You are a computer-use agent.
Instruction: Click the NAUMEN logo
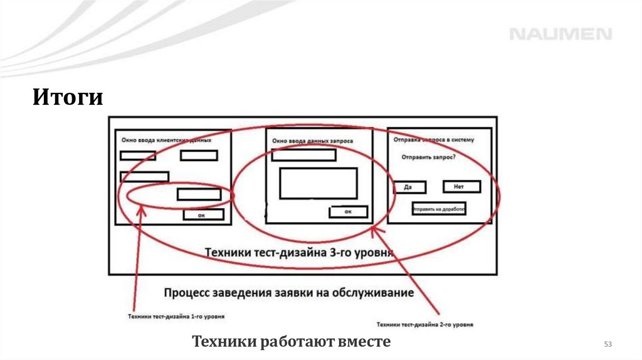coord(560,34)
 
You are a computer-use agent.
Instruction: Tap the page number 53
coord(607,344)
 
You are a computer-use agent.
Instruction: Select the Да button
coord(410,187)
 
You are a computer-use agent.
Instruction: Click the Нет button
coord(461,186)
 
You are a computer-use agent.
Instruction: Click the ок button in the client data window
coord(203,215)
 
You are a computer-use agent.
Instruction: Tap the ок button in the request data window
coord(348,212)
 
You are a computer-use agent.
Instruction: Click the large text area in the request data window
coord(318,183)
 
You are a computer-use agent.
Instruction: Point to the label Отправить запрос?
coord(429,157)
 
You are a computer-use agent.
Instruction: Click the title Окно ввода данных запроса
coord(312,141)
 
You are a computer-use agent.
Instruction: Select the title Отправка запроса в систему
coord(434,139)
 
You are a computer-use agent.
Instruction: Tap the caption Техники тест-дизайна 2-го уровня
coord(424,325)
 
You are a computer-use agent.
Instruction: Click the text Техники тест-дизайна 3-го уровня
coord(299,253)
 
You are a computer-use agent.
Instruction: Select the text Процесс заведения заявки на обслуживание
coord(288,293)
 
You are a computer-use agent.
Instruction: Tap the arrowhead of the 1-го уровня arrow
coord(141,209)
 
